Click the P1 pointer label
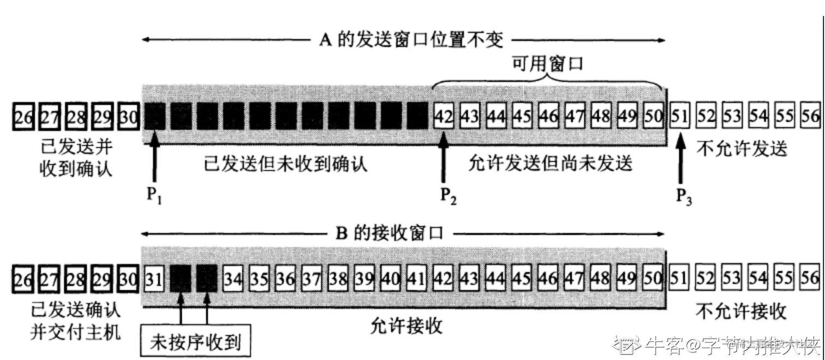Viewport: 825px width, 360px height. tap(155, 196)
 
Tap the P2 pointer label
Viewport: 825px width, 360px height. tap(449, 196)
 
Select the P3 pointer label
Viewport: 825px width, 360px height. tap(684, 196)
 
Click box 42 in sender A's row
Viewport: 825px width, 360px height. tap(444, 116)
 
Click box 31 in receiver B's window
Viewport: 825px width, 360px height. tap(154, 279)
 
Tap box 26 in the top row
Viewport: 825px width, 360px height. tap(23, 116)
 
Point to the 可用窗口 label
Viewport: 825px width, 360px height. tap(547, 64)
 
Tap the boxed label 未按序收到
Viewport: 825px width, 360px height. tap(195, 343)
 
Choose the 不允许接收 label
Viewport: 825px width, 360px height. tap(741, 311)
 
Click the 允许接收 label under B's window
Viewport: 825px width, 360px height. tap(406, 326)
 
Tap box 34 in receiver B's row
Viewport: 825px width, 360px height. tap(234, 279)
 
